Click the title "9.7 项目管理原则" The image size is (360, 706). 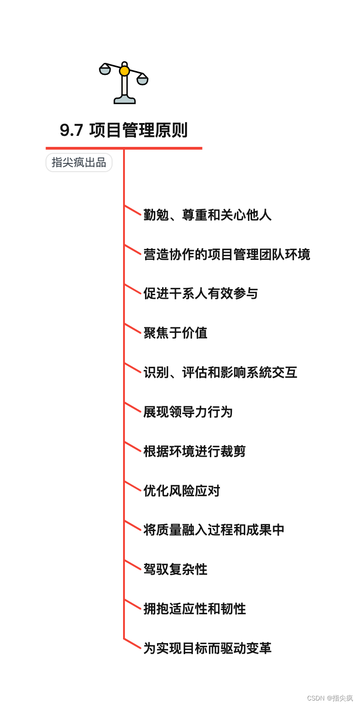pyautogui.click(x=124, y=130)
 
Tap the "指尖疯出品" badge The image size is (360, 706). pyautogui.click(x=79, y=162)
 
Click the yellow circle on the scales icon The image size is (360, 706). pyautogui.click(x=124, y=71)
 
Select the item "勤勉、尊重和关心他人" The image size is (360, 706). pyautogui.click(x=208, y=215)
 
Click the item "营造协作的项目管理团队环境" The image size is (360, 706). pyautogui.click(x=227, y=254)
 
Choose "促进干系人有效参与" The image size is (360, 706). pyautogui.click(x=201, y=293)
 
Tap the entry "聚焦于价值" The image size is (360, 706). pyautogui.click(x=175, y=333)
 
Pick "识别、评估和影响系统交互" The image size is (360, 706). pyautogui.click(x=220, y=372)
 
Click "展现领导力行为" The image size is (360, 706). pyautogui.click(x=188, y=412)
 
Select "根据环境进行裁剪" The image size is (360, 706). pyautogui.click(x=195, y=451)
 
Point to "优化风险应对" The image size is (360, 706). pyautogui.click(x=182, y=491)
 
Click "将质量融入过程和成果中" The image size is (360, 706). pyautogui.click(x=214, y=530)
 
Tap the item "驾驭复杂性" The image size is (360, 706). pyautogui.click(x=175, y=569)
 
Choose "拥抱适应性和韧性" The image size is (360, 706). pyautogui.click(x=195, y=609)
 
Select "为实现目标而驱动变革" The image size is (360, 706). pyautogui.click(x=208, y=648)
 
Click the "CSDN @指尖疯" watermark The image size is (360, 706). pyautogui.click(x=330, y=698)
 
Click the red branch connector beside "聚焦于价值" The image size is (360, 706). pyautogui.click(x=133, y=328)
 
